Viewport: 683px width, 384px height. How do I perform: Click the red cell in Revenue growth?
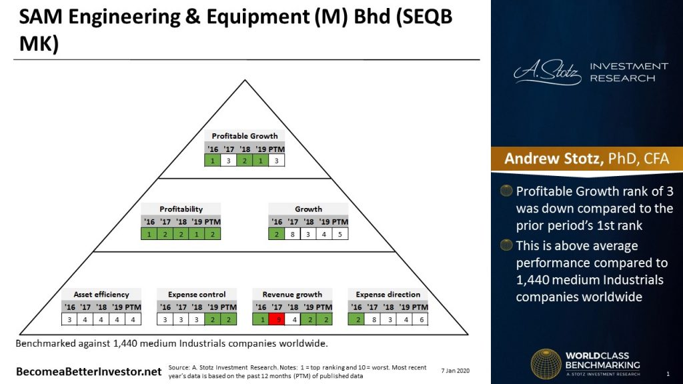[x=277, y=319]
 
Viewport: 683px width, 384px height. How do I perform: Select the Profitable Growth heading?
[x=245, y=136]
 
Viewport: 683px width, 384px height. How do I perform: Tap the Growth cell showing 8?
[x=292, y=233]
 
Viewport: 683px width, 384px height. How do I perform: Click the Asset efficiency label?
[x=101, y=294]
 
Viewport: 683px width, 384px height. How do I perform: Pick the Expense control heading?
[x=197, y=294]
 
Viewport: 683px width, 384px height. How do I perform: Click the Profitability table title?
[x=181, y=209]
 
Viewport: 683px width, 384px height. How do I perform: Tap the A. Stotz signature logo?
[x=548, y=73]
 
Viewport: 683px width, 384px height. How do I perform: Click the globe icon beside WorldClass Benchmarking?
[x=546, y=364]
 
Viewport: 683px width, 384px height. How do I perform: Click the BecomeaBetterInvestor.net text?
[x=89, y=370]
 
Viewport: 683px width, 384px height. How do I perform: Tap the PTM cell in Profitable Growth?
[x=277, y=161]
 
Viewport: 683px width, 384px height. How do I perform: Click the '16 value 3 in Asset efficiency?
[x=70, y=319]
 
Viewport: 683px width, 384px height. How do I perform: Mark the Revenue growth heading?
[x=292, y=294]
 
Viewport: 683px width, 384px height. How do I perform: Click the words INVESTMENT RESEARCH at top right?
[x=628, y=72]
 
